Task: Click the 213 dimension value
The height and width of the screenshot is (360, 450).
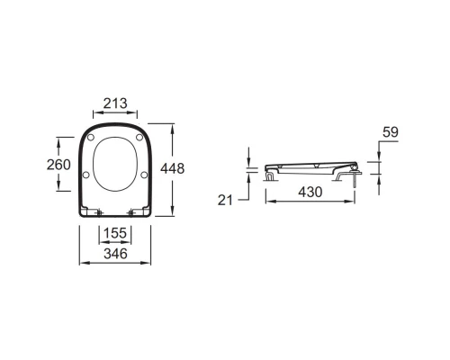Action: (x=115, y=103)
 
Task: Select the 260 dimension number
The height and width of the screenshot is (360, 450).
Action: (x=58, y=165)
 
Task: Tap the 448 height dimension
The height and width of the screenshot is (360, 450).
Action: (x=172, y=168)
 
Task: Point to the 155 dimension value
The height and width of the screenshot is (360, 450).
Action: (x=115, y=233)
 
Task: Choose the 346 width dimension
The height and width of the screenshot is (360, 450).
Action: (x=115, y=254)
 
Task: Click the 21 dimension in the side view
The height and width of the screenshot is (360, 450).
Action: (x=225, y=200)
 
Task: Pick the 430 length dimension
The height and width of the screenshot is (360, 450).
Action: (x=310, y=192)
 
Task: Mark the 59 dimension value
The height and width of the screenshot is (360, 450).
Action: (x=391, y=132)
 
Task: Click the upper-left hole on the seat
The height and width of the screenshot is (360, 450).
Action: (x=91, y=138)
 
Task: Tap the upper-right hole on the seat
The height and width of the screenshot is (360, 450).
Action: (x=139, y=138)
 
